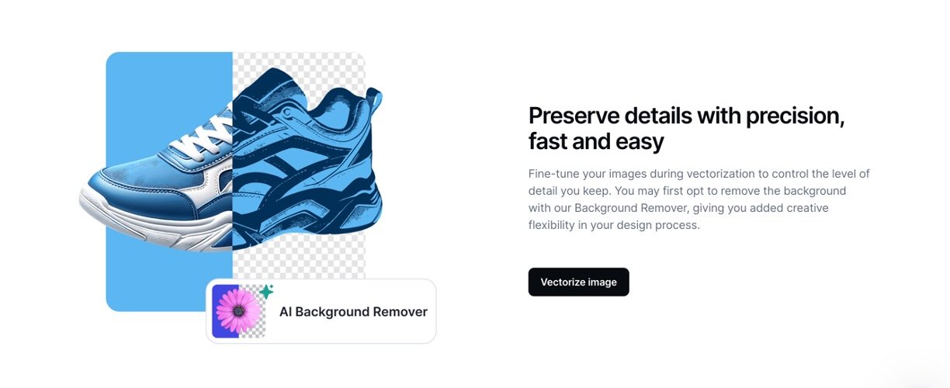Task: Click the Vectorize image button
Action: click(x=578, y=282)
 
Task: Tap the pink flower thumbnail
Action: click(x=239, y=311)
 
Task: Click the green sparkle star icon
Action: click(x=266, y=292)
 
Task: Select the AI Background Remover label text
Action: click(x=353, y=312)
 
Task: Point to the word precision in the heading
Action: click(x=795, y=116)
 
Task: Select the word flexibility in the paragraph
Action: click(x=551, y=225)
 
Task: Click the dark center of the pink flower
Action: click(x=238, y=312)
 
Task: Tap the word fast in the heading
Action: click(x=547, y=141)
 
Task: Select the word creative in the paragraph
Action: click(x=807, y=208)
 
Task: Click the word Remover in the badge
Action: click(x=400, y=312)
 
